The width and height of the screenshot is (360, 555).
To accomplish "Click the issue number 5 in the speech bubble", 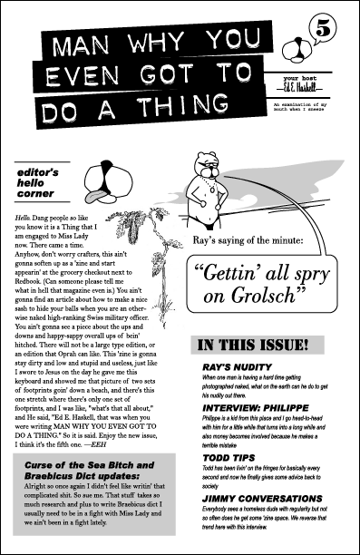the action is tap(325, 29).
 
